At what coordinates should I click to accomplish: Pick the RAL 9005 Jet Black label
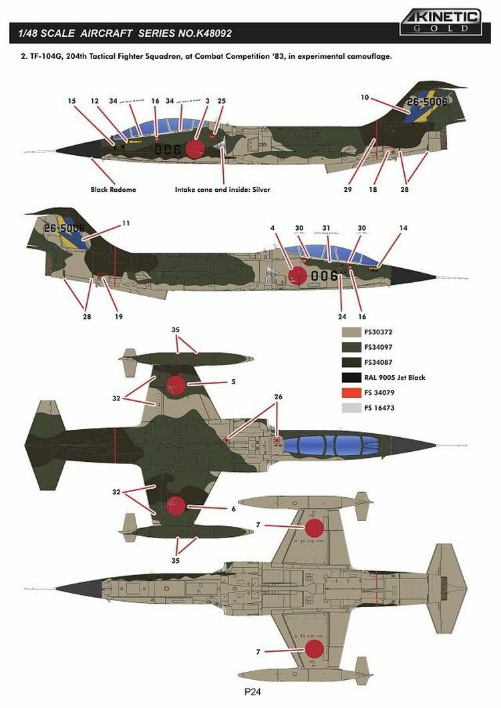395,378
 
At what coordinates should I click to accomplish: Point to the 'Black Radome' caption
113,189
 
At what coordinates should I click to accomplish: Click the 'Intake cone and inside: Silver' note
222,189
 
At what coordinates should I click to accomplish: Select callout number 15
71,101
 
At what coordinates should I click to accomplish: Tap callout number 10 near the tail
365,98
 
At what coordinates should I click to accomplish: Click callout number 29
347,189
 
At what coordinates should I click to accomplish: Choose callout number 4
273,229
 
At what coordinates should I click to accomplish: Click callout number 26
278,396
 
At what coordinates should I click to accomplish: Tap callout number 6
232,508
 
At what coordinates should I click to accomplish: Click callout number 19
118,316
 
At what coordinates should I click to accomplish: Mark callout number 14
403,229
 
